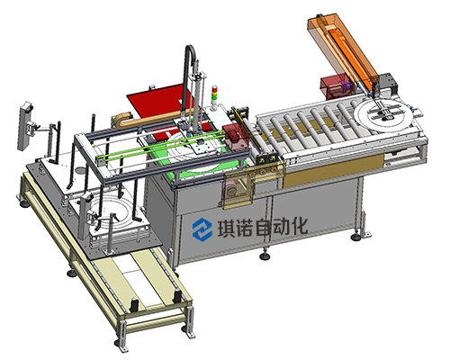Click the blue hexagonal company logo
[202, 229]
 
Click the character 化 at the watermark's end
[299, 226]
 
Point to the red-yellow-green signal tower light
[214, 95]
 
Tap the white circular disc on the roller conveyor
[382, 115]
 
